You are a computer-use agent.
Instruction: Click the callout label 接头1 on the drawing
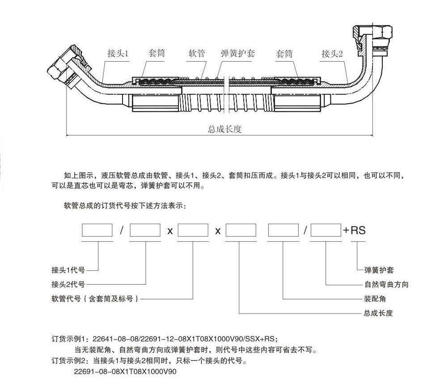[118, 54]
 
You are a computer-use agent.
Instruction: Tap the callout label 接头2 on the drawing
[332, 54]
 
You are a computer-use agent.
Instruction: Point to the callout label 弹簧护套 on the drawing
[238, 54]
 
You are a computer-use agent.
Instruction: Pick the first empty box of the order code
[97, 230]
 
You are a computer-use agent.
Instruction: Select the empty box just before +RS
[326, 230]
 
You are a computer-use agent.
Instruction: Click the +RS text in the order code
[354, 231]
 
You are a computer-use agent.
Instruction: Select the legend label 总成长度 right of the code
[378, 313]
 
